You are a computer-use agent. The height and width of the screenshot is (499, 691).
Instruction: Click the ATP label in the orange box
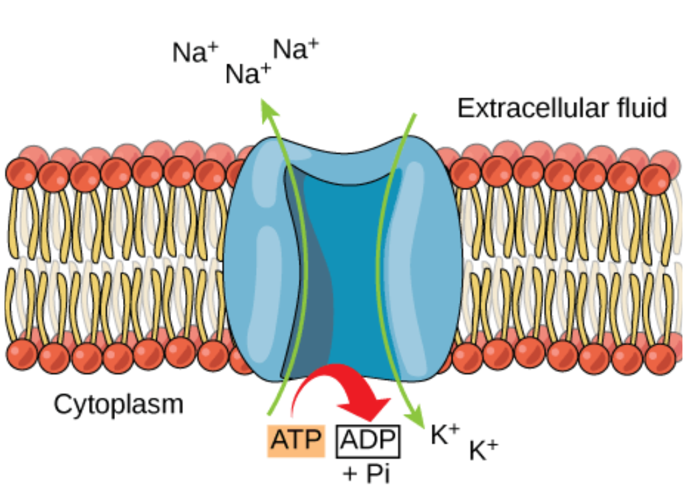[296, 440]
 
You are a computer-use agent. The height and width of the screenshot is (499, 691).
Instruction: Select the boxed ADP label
[368, 440]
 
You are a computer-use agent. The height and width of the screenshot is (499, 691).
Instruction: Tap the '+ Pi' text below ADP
[367, 474]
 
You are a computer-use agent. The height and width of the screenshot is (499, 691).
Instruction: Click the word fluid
[642, 108]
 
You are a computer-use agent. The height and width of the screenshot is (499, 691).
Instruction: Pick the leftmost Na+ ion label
[195, 52]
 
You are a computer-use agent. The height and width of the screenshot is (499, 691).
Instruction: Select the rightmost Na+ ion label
[295, 49]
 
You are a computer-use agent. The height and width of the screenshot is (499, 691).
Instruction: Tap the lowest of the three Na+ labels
[248, 74]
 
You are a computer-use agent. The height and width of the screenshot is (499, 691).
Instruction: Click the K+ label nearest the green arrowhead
[445, 434]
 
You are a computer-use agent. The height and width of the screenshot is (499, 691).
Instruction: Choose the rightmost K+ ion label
[483, 450]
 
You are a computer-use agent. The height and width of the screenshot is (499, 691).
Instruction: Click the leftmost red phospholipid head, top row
[21, 173]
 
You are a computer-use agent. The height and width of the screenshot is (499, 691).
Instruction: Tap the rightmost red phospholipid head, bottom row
[660, 359]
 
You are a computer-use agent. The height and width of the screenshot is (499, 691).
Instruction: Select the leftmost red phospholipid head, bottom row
[21, 355]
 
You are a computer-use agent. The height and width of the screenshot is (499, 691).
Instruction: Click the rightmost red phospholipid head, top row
[655, 179]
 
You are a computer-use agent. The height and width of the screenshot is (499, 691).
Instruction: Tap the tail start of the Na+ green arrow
[269, 415]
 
